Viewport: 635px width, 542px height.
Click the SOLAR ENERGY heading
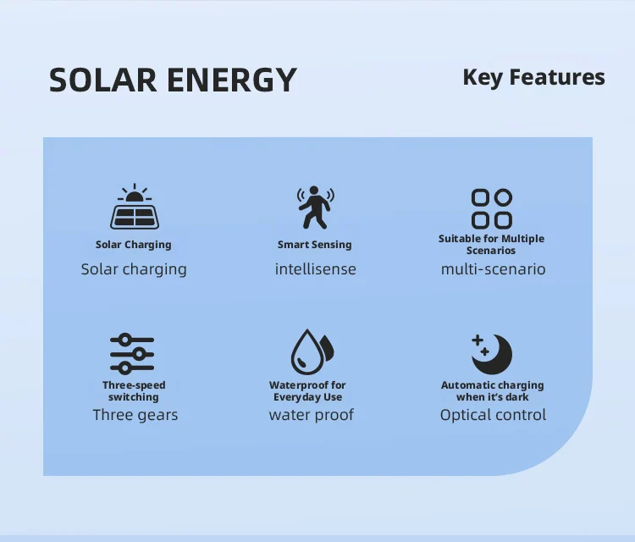173,80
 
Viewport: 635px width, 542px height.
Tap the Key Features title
533,77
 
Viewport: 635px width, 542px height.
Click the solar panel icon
135,207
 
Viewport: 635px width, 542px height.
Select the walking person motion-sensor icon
316,207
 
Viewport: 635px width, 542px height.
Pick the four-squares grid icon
492,209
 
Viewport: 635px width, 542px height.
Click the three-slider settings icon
132,354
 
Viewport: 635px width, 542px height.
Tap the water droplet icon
312,352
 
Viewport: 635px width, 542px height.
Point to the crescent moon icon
492,354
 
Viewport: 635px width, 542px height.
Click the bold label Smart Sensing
315,245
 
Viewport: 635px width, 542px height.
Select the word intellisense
316,269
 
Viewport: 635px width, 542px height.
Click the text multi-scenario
494,269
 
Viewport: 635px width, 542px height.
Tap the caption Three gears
135,415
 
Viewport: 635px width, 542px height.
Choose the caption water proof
311,415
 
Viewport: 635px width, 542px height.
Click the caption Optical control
494,415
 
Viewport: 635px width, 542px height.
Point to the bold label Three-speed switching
134,391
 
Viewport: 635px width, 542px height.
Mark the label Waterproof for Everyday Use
307,391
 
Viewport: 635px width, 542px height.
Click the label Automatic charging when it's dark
493,391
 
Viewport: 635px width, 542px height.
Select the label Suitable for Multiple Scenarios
491,244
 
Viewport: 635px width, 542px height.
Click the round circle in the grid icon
503,197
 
